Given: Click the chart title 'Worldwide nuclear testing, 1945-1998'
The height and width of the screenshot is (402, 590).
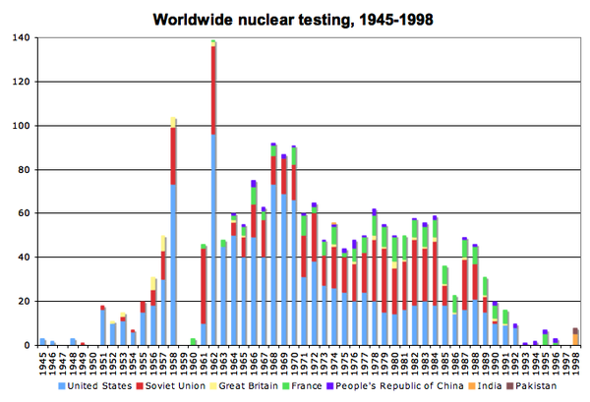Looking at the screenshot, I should [296, 18].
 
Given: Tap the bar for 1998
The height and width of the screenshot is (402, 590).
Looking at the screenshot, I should [575, 338].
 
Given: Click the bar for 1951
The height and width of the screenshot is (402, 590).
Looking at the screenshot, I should [102, 326].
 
